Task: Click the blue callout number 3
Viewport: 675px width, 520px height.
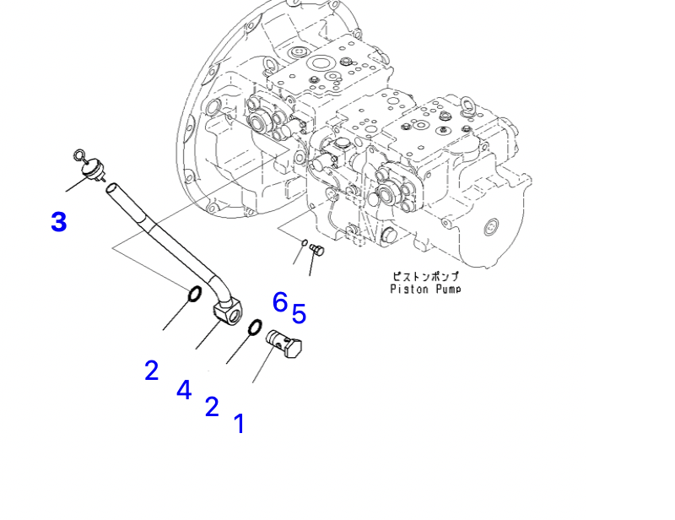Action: [x=59, y=222]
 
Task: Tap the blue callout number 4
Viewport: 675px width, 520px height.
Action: [x=184, y=390]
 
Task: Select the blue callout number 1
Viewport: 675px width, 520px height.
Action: [x=240, y=424]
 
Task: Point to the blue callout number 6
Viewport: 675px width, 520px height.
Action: [x=280, y=301]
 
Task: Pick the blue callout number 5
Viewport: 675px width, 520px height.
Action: [x=299, y=313]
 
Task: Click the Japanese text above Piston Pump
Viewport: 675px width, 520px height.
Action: [x=425, y=277]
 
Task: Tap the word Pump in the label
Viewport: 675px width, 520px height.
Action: [x=448, y=289]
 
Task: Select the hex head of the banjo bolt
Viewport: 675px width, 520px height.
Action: [x=294, y=347]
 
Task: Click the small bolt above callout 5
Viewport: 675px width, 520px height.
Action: [x=317, y=249]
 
